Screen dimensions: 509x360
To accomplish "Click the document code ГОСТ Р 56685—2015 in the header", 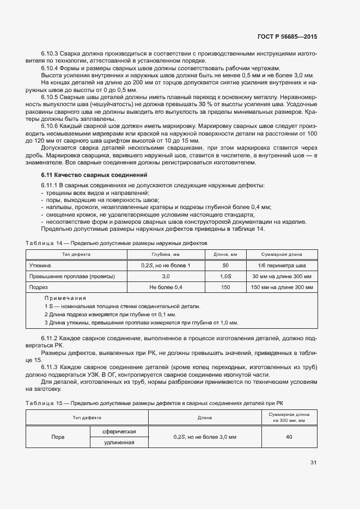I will (x=287, y=37).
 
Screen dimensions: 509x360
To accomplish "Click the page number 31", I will (x=313, y=463).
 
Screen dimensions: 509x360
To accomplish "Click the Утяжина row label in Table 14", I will (x=40, y=265).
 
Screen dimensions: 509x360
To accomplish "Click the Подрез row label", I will (x=39, y=287).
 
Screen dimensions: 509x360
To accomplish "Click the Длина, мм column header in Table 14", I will (x=225, y=254).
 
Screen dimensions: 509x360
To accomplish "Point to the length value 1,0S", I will (x=225, y=276).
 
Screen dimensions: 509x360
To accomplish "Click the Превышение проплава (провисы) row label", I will (x=72, y=276).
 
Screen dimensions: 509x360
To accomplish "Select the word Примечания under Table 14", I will (x=65, y=298).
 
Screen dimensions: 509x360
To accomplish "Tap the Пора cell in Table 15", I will (x=58, y=437).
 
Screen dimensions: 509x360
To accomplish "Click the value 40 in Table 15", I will (x=289, y=437).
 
